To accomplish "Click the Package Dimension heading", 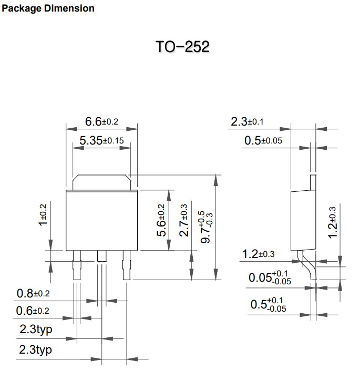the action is tap(48, 8).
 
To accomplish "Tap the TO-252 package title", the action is tap(182, 46).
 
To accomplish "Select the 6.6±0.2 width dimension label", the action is tap(101, 121).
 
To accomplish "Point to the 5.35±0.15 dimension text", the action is tap(101, 140).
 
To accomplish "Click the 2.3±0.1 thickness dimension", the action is tap(247, 121).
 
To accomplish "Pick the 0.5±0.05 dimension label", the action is tap(263, 140).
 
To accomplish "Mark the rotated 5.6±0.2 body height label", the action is tap(161, 220).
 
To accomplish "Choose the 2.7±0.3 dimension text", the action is tap(183, 220).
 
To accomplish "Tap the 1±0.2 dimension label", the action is tap(43, 215).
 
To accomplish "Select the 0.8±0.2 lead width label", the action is tap(33, 294).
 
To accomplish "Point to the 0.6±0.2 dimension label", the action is tap(33, 311).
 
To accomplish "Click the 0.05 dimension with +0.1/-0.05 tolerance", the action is tap(270, 277).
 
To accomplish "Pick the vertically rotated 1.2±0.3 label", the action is tap(332, 222).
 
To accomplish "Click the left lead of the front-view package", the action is tap(77, 265).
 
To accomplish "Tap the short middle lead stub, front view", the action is tap(102, 256).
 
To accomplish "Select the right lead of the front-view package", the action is tap(127, 265).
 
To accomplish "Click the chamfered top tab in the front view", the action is tap(101, 182).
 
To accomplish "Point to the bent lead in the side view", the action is tap(306, 265).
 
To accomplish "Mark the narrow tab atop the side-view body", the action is tap(313, 182).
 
